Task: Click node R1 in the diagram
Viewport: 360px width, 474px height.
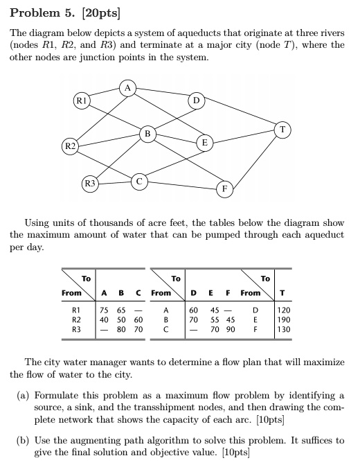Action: pyautogui.click(x=82, y=100)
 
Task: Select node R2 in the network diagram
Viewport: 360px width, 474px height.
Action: pyautogui.click(x=71, y=146)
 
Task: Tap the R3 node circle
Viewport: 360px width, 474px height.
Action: pyautogui.click(x=90, y=183)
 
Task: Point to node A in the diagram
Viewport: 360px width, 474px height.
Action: pyautogui.click(x=128, y=88)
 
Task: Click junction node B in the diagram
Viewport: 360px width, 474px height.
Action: pyautogui.click(x=147, y=134)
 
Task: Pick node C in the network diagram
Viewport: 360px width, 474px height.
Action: pyautogui.click(x=139, y=182)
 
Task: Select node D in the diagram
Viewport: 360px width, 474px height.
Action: pyautogui.click(x=197, y=100)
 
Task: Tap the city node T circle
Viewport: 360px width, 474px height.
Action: pyautogui.click(x=282, y=130)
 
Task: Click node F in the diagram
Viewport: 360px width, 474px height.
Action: pyautogui.click(x=225, y=189)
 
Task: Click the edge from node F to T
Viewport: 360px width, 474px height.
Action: pyautogui.click(x=254, y=160)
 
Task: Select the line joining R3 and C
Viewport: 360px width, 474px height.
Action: pyautogui.click(x=115, y=182)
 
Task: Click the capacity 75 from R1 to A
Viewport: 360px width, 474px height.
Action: pyautogui.click(x=105, y=310)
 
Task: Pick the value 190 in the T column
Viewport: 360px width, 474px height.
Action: pyautogui.click(x=284, y=320)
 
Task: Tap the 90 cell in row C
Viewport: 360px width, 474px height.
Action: pyautogui.click(x=231, y=329)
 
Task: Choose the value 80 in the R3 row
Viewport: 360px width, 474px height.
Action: pyautogui.click(x=121, y=329)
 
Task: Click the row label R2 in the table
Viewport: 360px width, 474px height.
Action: pyautogui.click(x=76, y=320)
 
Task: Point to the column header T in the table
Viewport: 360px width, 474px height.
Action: pyautogui.click(x=282, y=293)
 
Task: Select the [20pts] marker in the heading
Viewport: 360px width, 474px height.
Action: pyautogui.click(x=101, y=13)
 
